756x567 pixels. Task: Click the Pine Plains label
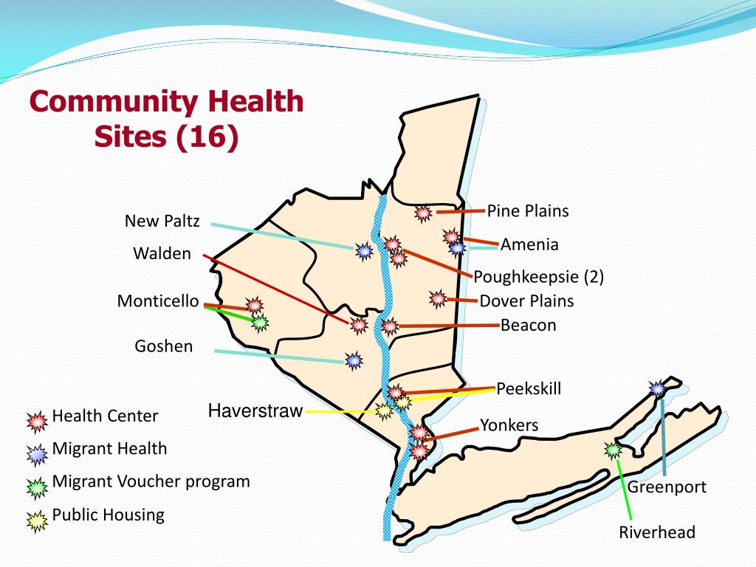click(528, 211)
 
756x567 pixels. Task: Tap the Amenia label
click(529, 244)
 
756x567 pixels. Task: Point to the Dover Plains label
click(526, 300)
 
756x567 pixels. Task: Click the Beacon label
click(528, 325)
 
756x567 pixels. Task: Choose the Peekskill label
click(529, 388)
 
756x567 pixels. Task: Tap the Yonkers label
click(509, 425)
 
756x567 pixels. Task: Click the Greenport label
click(667, 487)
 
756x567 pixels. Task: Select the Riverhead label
click(657, 532)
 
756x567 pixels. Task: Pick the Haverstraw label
click(255, 411)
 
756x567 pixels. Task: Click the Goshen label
click(164, 346)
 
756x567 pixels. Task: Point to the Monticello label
click(158, 301)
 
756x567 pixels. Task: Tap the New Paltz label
click(162, 221)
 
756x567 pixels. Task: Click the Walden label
click(162, 254)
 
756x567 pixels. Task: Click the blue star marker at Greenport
click(658, 388)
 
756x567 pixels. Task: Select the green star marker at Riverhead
click(613, 448)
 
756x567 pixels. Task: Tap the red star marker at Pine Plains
click(423, 213)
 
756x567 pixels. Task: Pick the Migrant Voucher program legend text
click(151, 481)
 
